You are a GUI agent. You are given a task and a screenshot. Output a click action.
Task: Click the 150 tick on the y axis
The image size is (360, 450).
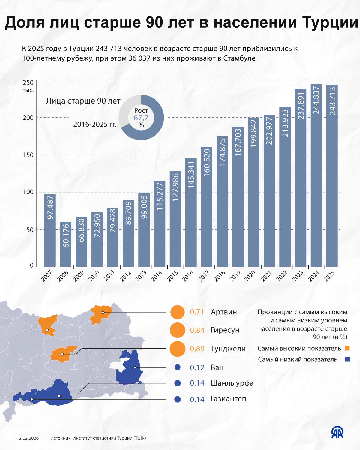point(28,155)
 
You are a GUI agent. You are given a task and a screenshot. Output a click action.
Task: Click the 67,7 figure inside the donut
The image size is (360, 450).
point(141,118)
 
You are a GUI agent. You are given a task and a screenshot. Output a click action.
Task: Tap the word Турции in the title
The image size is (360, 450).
point(330,22)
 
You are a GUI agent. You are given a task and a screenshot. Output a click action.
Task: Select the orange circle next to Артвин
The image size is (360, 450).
point(177,312)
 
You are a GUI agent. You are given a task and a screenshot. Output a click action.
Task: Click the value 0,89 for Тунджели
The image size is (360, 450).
point(197,349)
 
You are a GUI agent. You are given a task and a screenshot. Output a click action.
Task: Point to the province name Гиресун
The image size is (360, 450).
point(225,330)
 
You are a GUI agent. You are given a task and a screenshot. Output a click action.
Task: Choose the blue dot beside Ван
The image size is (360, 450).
point(177,367)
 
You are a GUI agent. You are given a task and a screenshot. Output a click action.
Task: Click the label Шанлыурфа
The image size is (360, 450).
point(232,383)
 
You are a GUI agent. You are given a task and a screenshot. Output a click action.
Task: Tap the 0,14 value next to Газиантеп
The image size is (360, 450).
point(197,399)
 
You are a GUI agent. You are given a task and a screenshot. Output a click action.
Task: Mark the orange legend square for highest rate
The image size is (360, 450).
point(347,348)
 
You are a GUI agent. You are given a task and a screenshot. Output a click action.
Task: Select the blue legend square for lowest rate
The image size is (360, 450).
point(347,359)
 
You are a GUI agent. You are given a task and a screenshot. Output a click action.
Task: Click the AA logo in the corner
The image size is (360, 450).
point(337,432)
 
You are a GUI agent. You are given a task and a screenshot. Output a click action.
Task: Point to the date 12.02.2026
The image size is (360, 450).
point(28,438)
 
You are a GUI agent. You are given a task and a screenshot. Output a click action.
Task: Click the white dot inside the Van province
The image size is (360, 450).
point(135,367)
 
